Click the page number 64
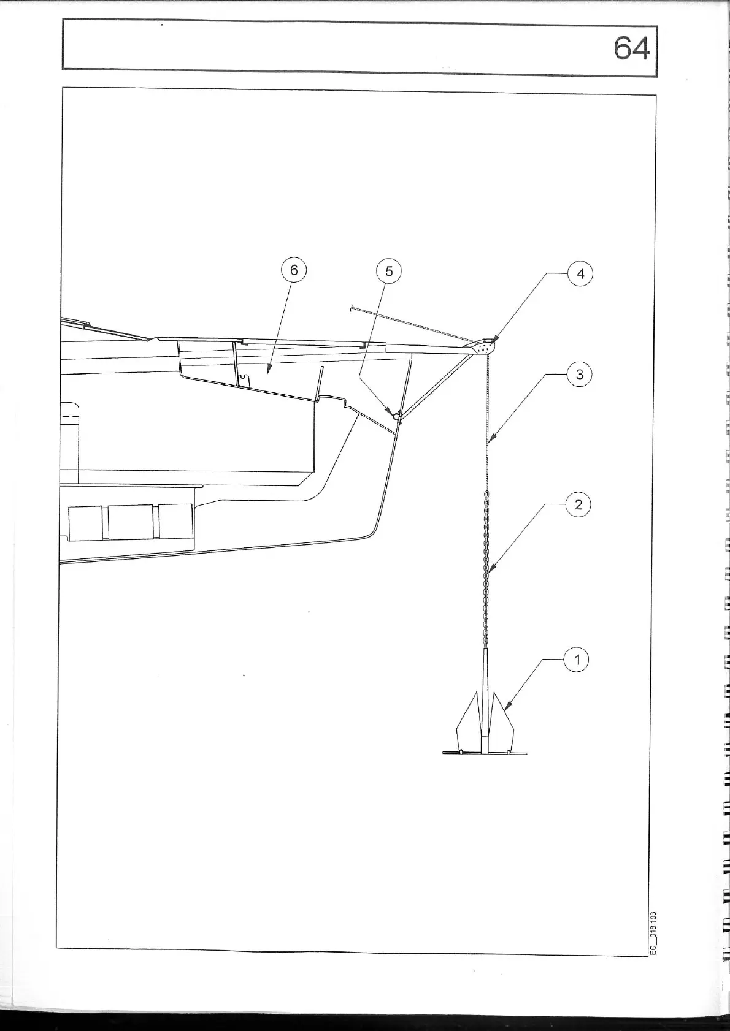(631, 48)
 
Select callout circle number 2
(578, 505)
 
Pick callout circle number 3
(580, 374)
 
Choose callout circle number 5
(389, 270)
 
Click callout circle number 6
(294, 270)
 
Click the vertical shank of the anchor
(486, 699)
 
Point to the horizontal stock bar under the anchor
(485, 752)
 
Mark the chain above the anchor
(486, 570)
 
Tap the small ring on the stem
(396, 417)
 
